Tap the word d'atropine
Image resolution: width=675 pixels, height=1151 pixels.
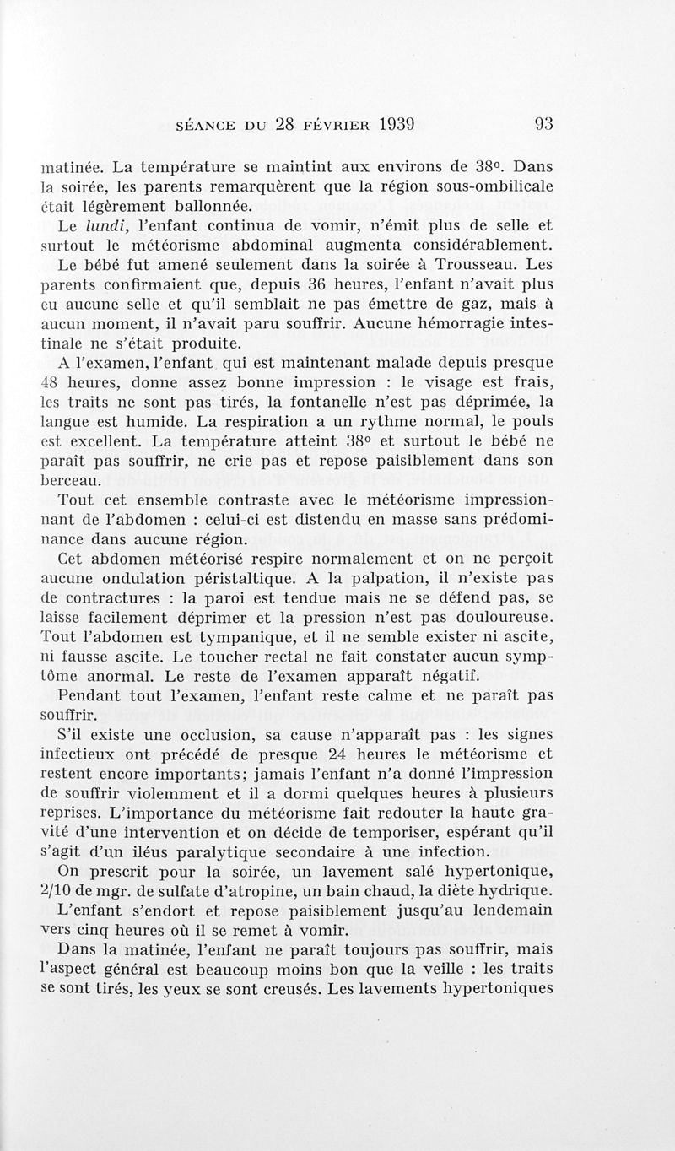(255, 889)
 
